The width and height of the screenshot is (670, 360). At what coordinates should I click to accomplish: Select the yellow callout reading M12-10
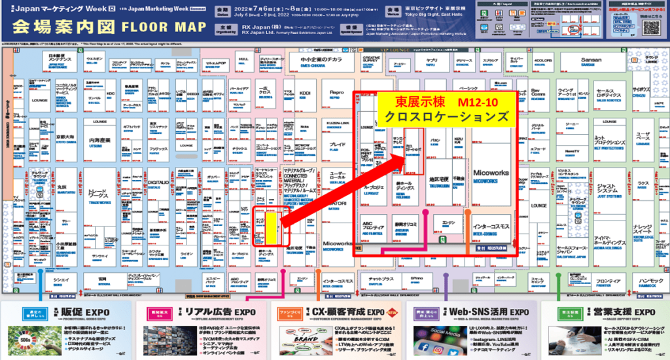[x=444, y=109]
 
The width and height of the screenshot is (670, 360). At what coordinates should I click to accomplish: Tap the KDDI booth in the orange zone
[x=306, y=94]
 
